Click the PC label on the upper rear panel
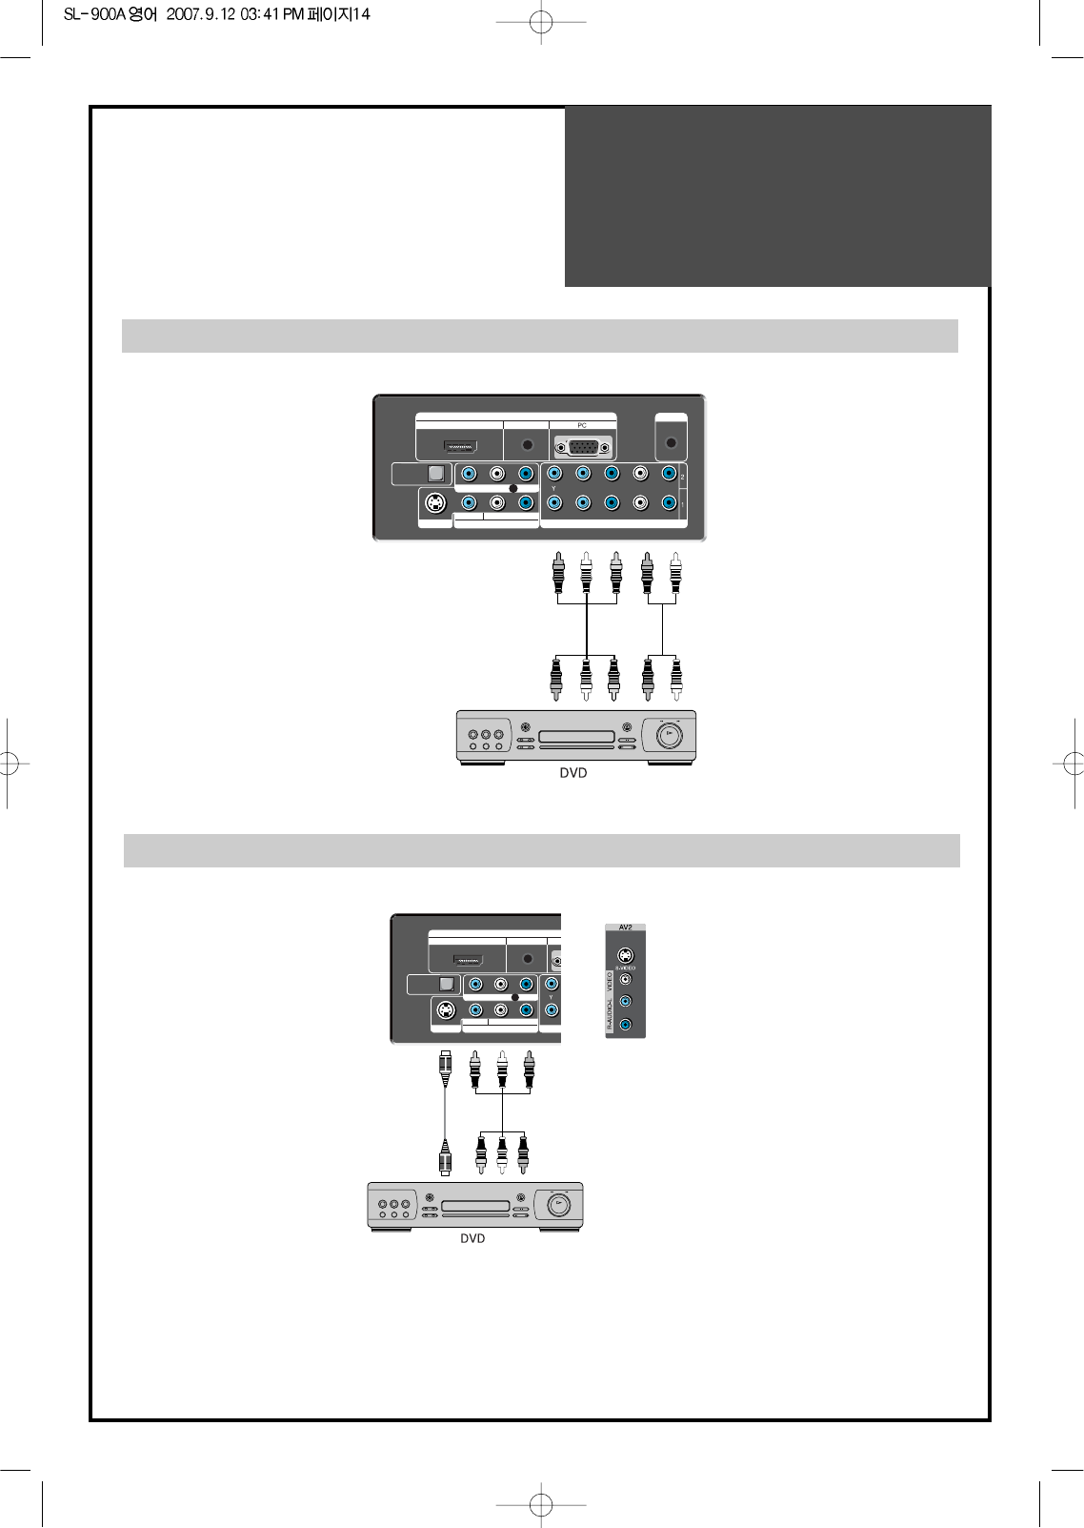[x=582, y=425]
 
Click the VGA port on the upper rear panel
[x=582, y=447]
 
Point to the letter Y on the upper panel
[x=553, y=489]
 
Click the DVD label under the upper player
[x=573, y=773]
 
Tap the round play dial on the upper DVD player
[x=669, y=734]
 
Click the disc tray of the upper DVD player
[x=577, y=737]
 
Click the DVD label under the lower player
[x=472, y=1238]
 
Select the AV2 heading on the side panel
[x=625, y=927]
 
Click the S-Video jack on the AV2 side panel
[x=625, y=955]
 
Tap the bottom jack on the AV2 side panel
[x=625, y=1025]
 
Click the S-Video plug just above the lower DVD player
[x=444, y=1160]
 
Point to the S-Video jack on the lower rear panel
[x=445, y=1010]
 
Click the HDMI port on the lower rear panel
[x=467, y=960]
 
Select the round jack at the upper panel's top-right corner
[x=671, y=443]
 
